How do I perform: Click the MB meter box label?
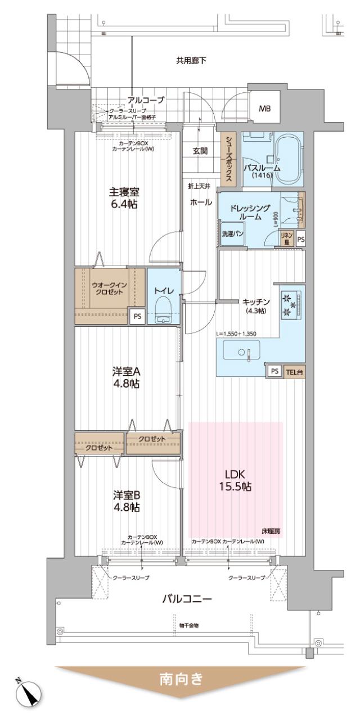tap(264, 109)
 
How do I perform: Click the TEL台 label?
tap(295, 371)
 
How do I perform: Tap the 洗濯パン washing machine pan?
tap(232, 234)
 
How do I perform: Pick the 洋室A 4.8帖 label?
tap(126, 378)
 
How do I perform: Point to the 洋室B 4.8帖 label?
tap(126, 501)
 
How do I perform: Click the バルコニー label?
tap(187, 599)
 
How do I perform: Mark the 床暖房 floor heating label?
tap(271, 530)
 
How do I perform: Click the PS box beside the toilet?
tap(137, 317)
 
